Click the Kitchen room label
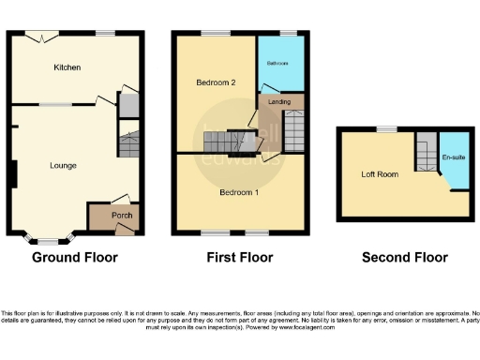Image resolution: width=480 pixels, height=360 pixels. point(67,67)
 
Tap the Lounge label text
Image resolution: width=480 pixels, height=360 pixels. point(63,166)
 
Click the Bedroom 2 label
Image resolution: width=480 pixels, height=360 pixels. point(215,83)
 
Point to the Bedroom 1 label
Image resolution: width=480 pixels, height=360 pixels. point(239,192)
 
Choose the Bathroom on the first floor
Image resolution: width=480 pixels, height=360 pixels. point(278,62)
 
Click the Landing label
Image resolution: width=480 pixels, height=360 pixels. point(279,101)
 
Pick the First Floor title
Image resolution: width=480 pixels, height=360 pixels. point(240,258)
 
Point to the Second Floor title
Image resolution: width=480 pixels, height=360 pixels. point(405,258)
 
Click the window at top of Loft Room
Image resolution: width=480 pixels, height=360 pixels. point(385,127)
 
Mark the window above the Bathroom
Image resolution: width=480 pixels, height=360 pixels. point(287,34)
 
